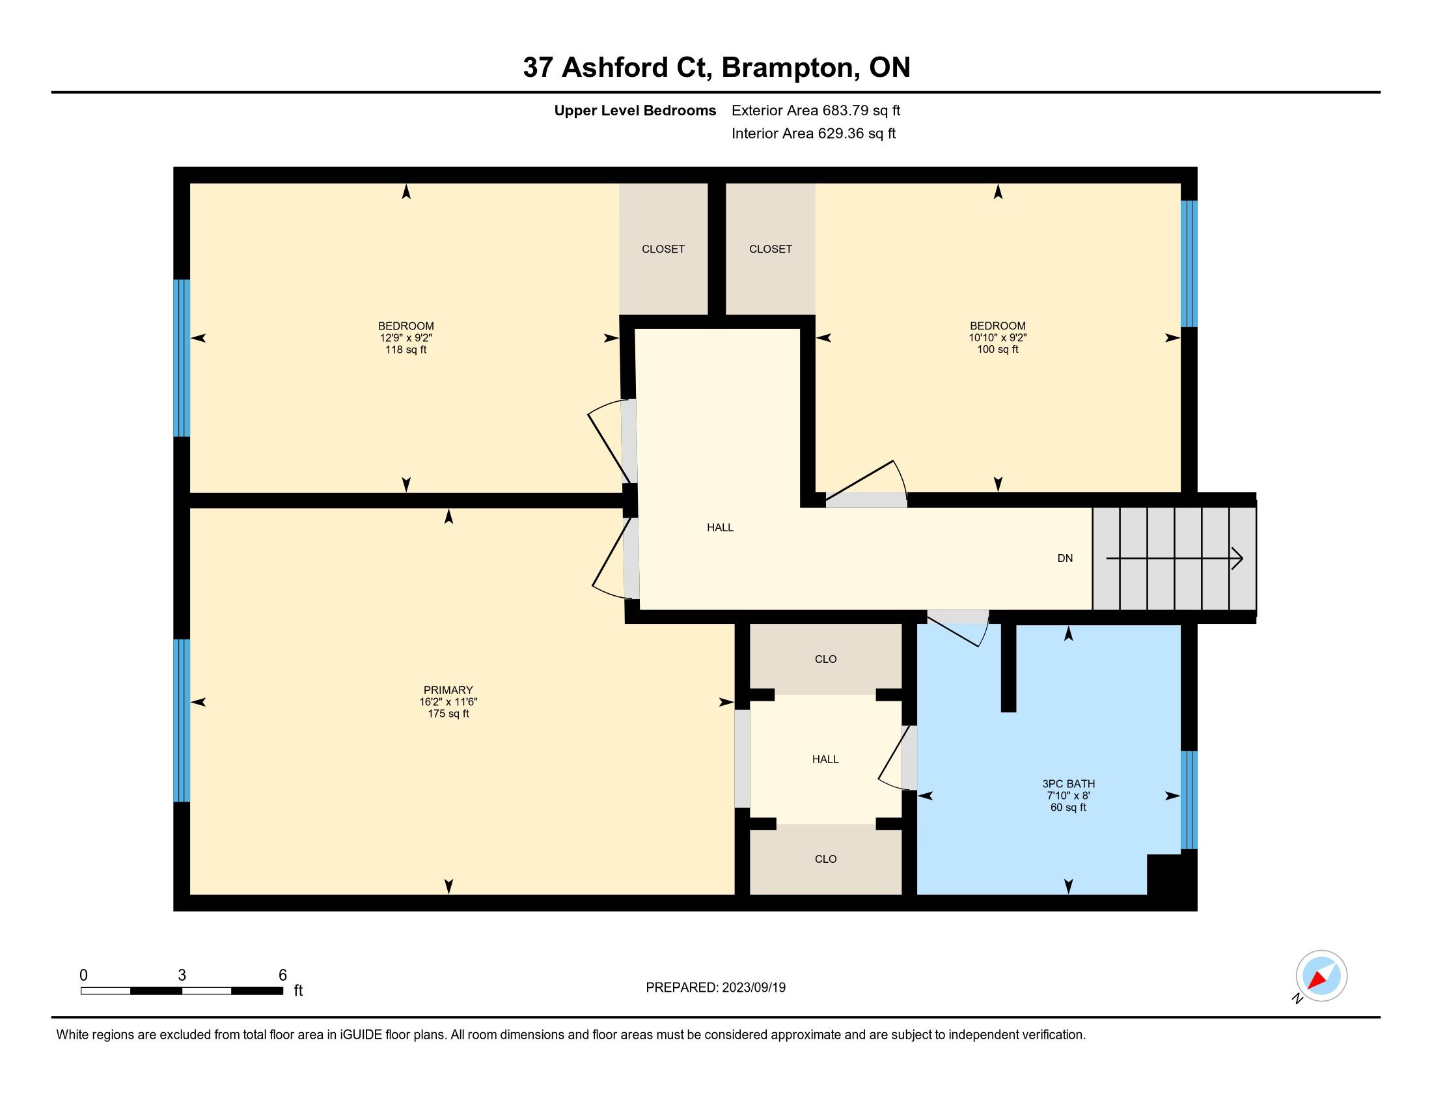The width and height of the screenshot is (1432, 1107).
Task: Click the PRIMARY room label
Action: [448, 690]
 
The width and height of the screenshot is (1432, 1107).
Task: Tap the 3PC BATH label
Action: [1068, 783]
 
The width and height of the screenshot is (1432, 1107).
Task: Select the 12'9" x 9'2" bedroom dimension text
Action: [406, 338]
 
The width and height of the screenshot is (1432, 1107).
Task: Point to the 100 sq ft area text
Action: [998, 350]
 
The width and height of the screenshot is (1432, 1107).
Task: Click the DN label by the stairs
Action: [1065, 558]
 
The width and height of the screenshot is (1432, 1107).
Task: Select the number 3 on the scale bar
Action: [182, 975]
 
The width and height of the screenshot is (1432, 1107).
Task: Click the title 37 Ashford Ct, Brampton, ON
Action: [716, 67]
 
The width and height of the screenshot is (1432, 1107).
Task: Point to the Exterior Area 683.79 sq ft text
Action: [816, 110]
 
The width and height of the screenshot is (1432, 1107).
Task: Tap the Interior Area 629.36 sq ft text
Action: [813, 133]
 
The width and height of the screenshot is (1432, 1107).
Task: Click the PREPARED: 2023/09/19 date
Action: [715, 988]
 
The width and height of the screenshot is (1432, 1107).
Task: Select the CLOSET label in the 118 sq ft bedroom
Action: [663, 249]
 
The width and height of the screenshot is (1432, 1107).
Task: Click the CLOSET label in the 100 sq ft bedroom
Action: [771, 249]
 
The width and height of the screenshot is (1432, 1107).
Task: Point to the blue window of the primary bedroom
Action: [182, 721]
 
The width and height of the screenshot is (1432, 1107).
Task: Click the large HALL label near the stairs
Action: [720, 527]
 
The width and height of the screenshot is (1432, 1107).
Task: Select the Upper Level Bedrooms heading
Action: [635, 110]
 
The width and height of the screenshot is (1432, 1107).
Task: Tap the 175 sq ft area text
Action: [448, 714]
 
